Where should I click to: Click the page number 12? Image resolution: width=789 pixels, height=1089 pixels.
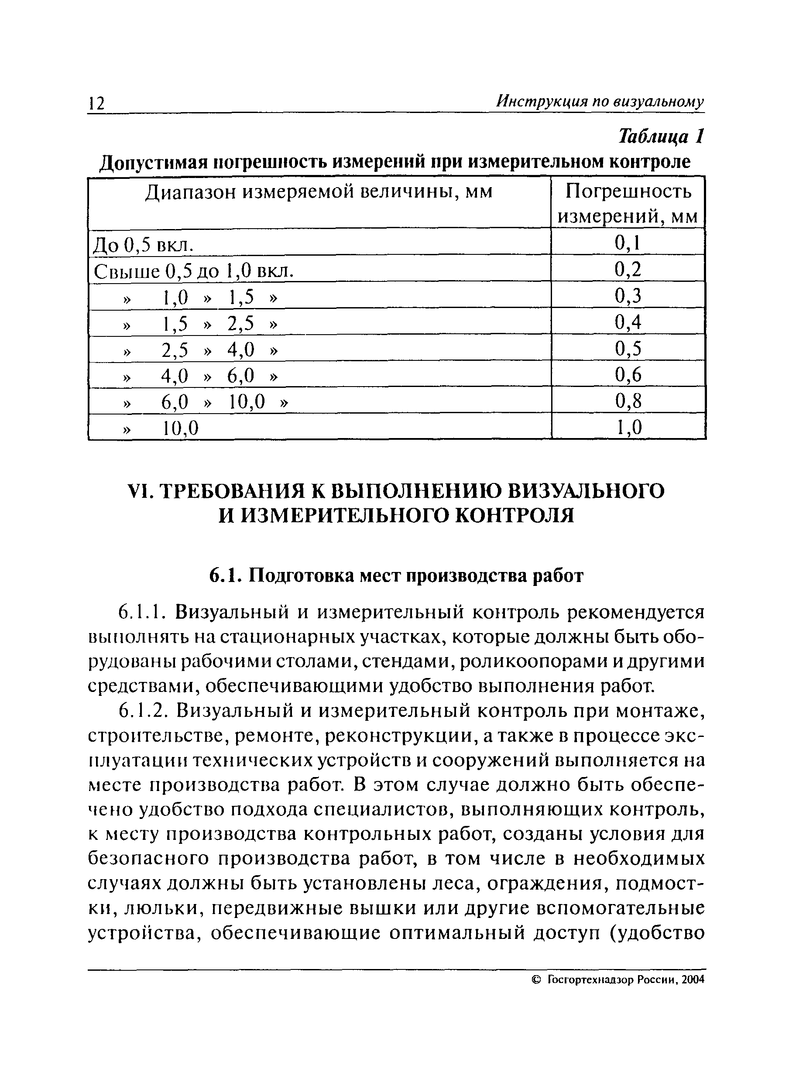tap(96, 103)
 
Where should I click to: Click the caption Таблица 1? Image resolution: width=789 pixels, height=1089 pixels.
tap(661, 137)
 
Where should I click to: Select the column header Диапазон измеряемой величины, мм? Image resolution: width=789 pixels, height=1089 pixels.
tap(319, 192)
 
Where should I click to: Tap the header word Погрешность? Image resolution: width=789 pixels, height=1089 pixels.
tap(628, 192)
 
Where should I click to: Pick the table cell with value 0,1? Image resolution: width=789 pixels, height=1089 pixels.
tap(628, 243)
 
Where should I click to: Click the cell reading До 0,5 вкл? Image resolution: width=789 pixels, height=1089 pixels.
tap(144, 245)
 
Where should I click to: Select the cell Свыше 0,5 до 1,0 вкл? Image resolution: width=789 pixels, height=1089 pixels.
tap(193, 272)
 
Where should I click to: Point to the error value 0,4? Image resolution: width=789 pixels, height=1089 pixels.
tap(628, 322)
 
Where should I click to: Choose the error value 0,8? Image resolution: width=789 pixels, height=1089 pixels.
tap(628, 401)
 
